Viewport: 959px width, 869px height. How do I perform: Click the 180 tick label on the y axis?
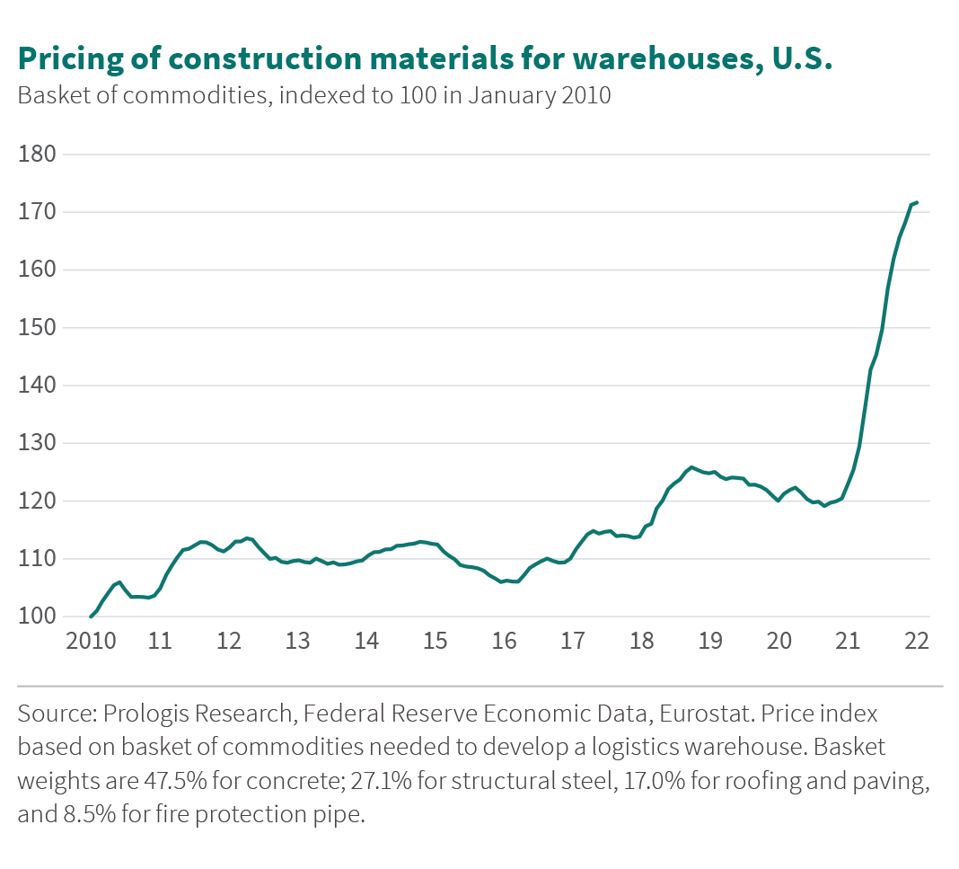click(x=37, y=155)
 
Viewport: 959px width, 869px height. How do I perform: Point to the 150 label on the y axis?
click(x=37, y=328)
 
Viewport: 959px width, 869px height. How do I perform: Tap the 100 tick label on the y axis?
click(x=37, y=617)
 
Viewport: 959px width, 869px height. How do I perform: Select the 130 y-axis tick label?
click(x=37, y=444)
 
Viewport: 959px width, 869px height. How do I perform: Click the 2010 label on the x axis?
click(x=91, y=643)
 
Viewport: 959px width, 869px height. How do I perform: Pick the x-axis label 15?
click(x=436, y=643)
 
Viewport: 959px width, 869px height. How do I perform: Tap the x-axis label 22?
click(x=917, y=643)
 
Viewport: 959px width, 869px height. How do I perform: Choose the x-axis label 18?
click(x=641, y=643)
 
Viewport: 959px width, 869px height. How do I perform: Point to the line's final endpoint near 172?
click(x=917, y=202)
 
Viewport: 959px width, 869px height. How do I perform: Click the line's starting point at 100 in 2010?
click(x=91, y=616)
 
